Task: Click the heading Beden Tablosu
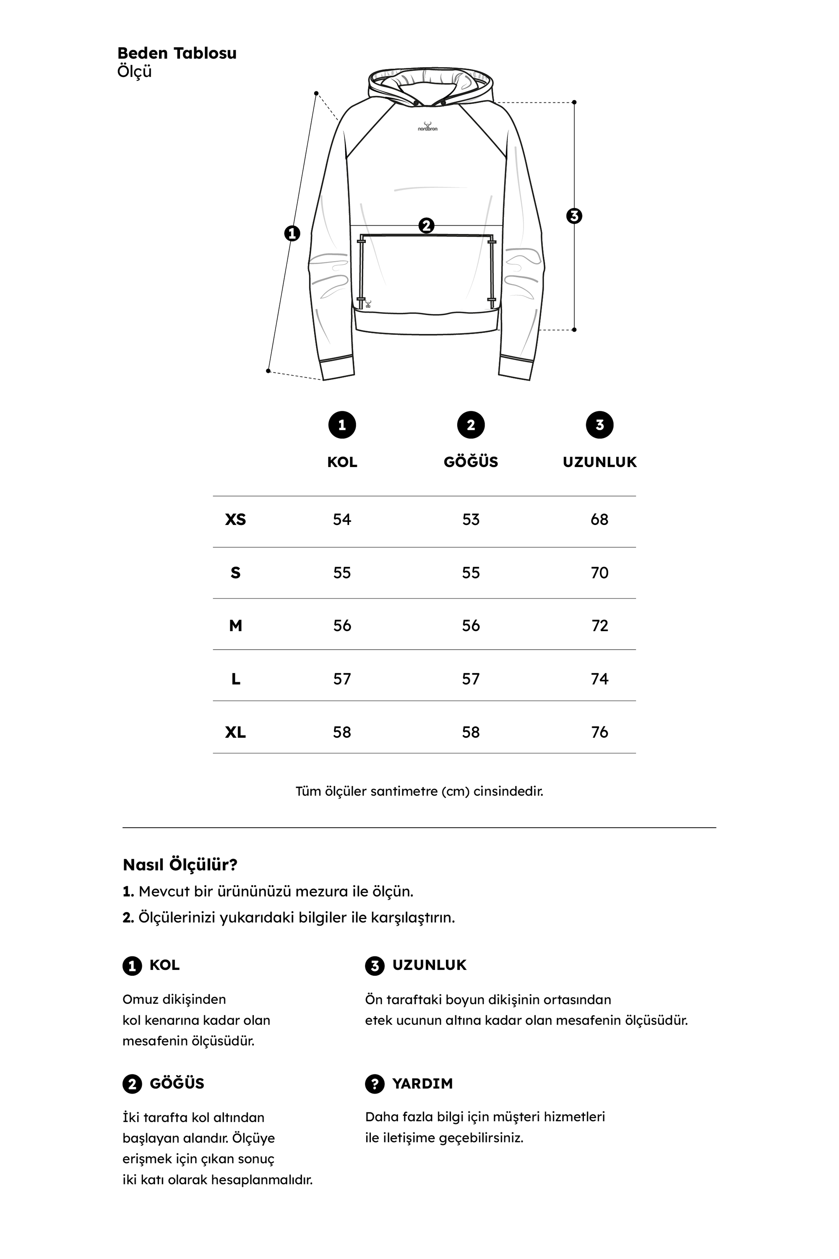[177, 53]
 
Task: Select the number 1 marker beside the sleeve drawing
[292, 233]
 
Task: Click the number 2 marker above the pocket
[427, 225]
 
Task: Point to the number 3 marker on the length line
[574, 216]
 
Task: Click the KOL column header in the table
[342, 462]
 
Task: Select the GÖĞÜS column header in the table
[471, 462]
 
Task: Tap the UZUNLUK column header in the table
[599, 462]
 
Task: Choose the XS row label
[235, 519]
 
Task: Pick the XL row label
[235, 732]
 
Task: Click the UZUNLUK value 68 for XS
[599, 519]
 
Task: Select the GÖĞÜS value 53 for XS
[471, 519]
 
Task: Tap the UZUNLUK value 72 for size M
[600, 625]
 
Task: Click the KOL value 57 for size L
[342, 679]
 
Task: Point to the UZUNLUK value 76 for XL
[599, 732]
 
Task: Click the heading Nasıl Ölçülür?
[180, 865]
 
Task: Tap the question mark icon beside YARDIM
[375, 1084]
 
